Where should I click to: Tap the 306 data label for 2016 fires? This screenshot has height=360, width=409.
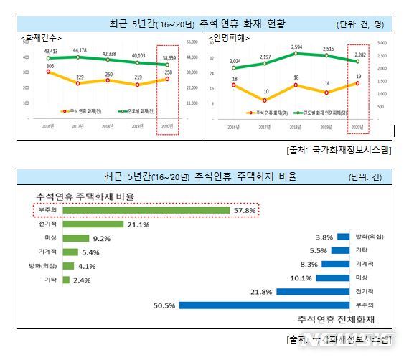tap(50, 65)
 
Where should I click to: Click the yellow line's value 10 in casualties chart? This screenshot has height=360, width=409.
tap(265, 92)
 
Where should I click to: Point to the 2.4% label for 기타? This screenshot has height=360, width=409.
tap(81, 280)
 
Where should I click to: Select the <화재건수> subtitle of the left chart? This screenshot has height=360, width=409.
tap(41, 37)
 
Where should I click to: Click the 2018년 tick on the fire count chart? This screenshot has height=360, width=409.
tap(108, 126)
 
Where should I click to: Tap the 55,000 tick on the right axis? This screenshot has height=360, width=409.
tap(192, 42)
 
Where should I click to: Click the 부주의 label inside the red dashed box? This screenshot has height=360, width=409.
tap(50, 210)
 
